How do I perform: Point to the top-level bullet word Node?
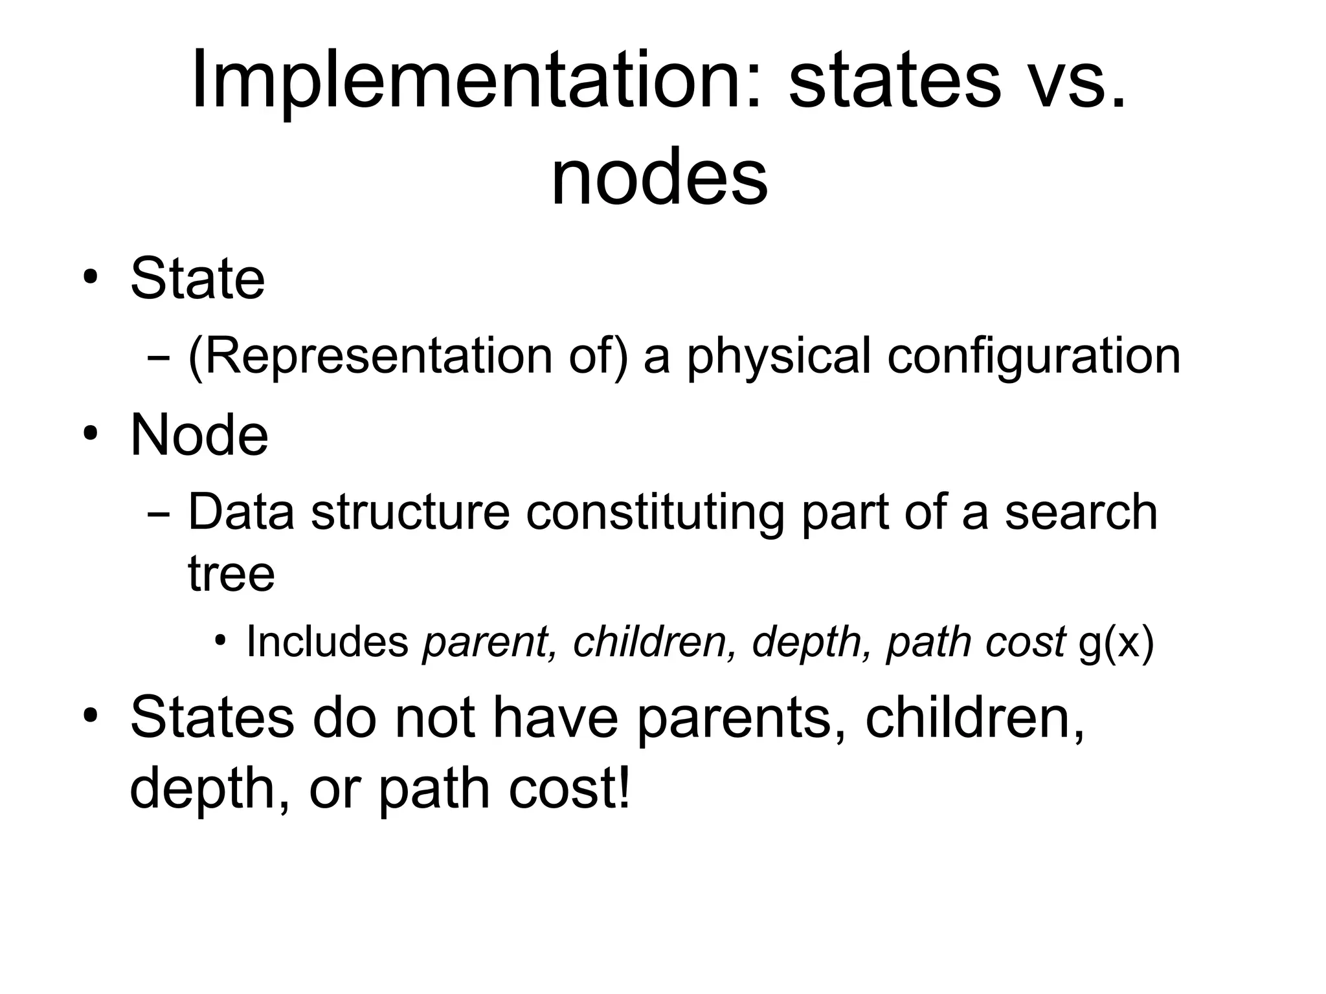(x=199, y=435)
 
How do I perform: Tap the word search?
(x=1081, y=511)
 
